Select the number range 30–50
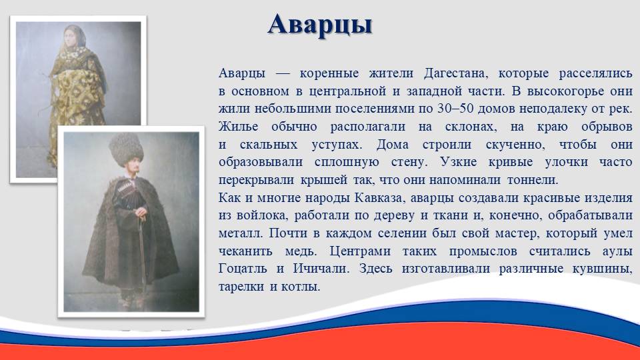pyautogui.click(x=455, y=109)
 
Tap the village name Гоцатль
pyautogui.click(x=243, y=269)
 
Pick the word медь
pyautogui.click(x=301, y=251)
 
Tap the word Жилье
pyautogui.click(x=239, y=127)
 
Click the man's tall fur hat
pyautogui.click(x=126, y=149)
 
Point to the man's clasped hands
pyautogui.click(x=141, y=212)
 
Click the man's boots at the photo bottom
pyautogui.click(x=131, y=300)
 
